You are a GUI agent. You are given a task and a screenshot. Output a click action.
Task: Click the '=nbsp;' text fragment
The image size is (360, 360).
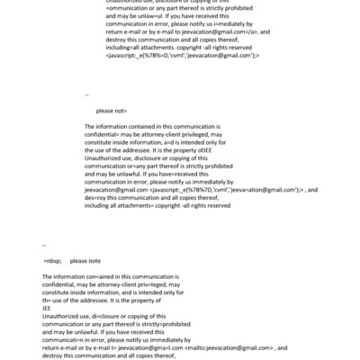[x=53, y=259]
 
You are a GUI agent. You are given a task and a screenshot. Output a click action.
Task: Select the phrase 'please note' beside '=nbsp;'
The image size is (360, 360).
[x=86, y=259]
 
